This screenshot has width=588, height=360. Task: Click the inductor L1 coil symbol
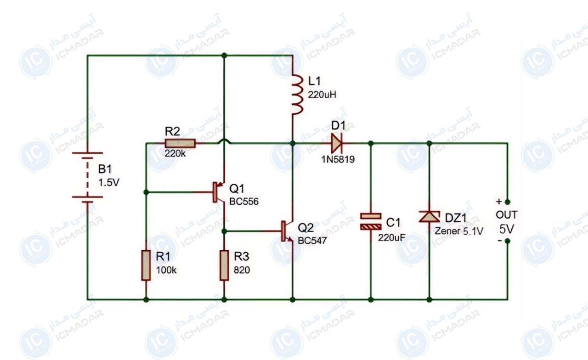point(297,95)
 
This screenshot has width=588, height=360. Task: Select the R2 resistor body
point(180,144)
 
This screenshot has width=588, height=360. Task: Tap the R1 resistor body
point(146,265)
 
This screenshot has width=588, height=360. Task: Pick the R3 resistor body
point(224,265)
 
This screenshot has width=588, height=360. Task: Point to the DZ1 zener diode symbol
point(429,217)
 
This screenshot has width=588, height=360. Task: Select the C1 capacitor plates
point(371,221)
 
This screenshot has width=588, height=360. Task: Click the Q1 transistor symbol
point(218,192)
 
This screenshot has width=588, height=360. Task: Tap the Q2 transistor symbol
point(287,231)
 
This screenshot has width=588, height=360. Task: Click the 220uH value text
point(322,95)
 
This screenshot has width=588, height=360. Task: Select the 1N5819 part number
point(338,159)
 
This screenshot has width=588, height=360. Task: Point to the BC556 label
point(244,202)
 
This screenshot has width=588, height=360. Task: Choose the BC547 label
point(312,241)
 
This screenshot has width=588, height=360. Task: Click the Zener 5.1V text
point(459,231)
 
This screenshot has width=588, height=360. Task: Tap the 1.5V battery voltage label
point(109,182)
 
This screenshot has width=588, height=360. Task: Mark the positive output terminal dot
point(508,202)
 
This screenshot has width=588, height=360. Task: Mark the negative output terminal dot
point(508,241)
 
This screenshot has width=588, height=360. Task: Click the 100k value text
point(166,270)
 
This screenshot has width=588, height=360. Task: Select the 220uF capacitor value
point(392,238)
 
